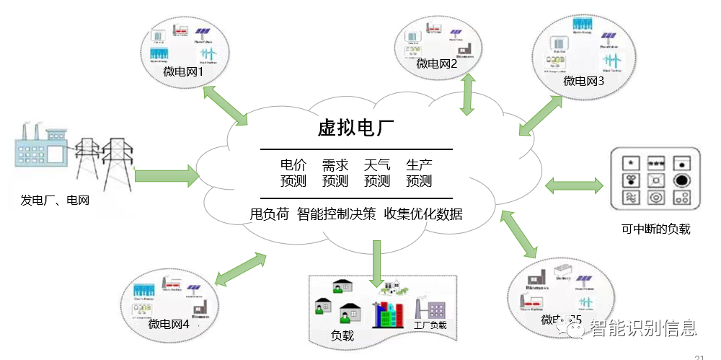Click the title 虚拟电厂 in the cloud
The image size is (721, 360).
(x=355, y=128)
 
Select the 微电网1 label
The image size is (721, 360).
(x=184, y=72)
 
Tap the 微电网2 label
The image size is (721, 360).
(x=437, y=63)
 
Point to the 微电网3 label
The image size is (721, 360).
(x=584, y=81)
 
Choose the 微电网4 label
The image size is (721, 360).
(x=169, y=324)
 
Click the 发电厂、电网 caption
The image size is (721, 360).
(x=55, y=200)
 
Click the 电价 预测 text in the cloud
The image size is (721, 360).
(x=293, y=173)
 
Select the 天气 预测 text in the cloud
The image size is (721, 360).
(x=377, y=173)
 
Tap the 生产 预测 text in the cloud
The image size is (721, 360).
(x=419, y=173)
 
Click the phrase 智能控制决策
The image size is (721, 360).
(x=337, y=214)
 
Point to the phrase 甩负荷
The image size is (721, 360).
(x=270, y=214)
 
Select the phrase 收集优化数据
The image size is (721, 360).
(x=423, y=214)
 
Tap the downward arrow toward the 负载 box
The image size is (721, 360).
(x=376, y=263)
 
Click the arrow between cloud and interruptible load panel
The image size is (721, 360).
(x=574, y=185)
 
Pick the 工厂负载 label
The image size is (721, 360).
(x=430, y=325)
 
